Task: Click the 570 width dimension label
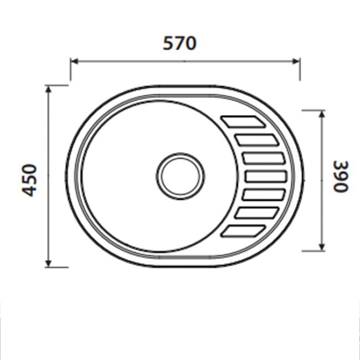coord(179,43)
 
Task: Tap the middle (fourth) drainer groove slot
coord(265,177)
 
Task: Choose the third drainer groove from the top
coord(263,158)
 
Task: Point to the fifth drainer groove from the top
coord(264,195)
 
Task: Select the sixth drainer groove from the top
coord(256,213)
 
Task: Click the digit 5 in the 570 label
coord(168,43)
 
